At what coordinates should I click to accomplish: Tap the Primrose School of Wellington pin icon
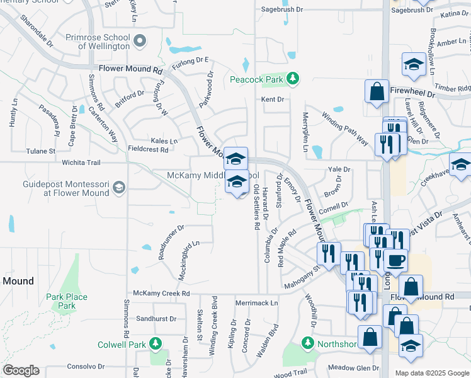(140, 42)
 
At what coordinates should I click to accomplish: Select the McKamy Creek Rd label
(161, 294)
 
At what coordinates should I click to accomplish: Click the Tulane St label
(41, 151)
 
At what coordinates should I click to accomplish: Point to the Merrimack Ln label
(256, 303)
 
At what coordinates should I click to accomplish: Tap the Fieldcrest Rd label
(148, 150)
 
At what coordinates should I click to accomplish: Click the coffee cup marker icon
(395, 259)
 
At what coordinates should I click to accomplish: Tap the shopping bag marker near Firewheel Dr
(377, 91)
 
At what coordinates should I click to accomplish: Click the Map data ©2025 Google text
(431, 373)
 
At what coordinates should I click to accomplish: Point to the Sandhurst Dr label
(154, 319)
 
